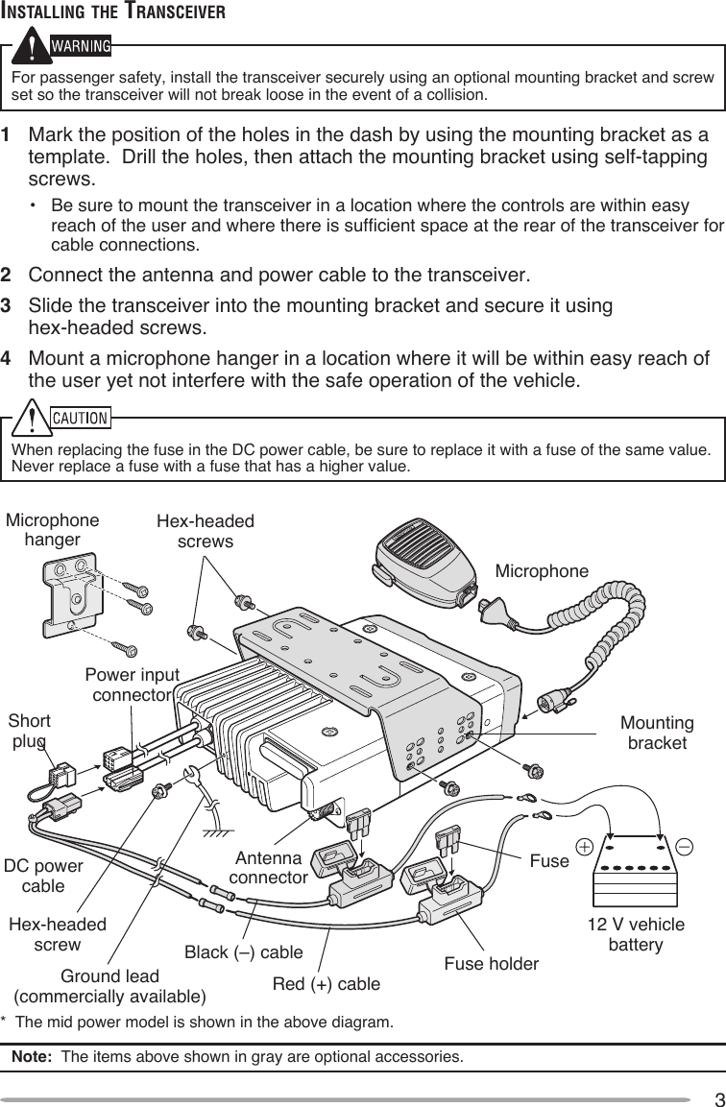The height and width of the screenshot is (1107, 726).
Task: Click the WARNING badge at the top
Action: pyautogui.click(x=80, y=45)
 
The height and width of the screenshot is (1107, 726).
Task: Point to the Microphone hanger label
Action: pyautogui.click(x=52, y=530)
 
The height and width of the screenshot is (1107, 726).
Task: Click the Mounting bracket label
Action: pyautogui.click(x=659, y=733)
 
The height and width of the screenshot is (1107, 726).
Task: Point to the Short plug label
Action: pyautogui.click(x=30, y=731)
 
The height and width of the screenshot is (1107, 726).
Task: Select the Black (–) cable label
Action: pyautogui.click(x=243, y=952)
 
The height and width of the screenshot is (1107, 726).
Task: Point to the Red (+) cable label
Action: pyautogui.click(x=327, y=984)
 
